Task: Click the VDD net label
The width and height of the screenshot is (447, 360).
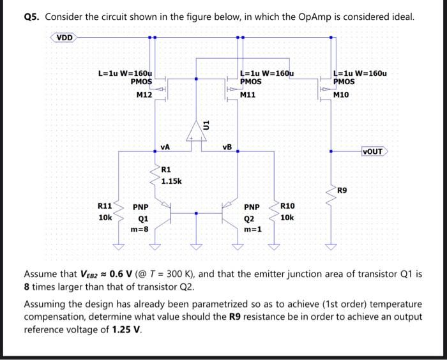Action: pyautogui.click(x=64, y=37)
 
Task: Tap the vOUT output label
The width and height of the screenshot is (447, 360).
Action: pyautogui.click(x=372, y=151)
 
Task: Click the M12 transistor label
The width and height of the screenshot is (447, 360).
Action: pyautogui.click(x=144, y=95)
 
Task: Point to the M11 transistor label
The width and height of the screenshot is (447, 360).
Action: pyautogui.click(x=248, y=94)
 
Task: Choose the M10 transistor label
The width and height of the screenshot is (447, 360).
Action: pyautogui.click(x=342, y=94)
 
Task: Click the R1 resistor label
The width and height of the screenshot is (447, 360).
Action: pyautogui.click(x=166, y=170)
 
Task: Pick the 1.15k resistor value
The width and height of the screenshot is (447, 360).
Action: pyautogui.click(x=172, y=181)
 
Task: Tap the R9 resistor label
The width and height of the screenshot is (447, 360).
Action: pyautogui.click(x=343, y=190)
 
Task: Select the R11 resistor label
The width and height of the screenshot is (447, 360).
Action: pyautogui.click(x=105, y=206)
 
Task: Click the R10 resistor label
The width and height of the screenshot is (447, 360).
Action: pyautogui.click(x=287, y=206)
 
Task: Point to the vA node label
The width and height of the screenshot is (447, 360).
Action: pyautogui.click(x=165, y=147)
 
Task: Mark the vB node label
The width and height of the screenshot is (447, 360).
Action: pyautogui.click(x=227, y=147)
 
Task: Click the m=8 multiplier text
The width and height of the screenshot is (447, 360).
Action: pyautogui.click(x=140, y=229)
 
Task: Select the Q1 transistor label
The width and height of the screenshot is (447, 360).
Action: pyautogui.click(x=143, y=218)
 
